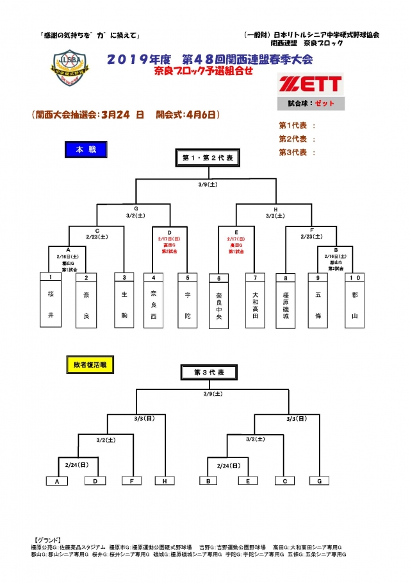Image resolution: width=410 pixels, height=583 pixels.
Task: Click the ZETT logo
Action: pyautogui.click(x=310, y=84)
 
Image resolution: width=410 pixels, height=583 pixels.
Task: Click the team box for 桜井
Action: pyautogui.click(x=51, y=301)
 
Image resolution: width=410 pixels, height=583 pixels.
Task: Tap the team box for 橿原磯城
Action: pyautogui.click(x=285, y=301)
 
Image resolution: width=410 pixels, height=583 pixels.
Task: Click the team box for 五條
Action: pyautogui.click(x=317, y=301)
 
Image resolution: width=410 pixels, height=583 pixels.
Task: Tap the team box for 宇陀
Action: pyautogui.click(x=187, y=301)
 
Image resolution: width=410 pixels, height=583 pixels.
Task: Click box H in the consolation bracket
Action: pyautogui.click(x=164, y=480)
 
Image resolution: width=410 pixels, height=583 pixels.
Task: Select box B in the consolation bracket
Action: pyautogui.click(x=208, y=480)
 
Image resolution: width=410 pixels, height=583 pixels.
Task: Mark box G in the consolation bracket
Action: pyautogui.click(x=318, y=480)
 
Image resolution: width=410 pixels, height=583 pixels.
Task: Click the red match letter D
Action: pyautogui.click(x=170, y=232)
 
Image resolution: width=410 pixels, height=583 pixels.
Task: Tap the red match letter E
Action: pyautogui.click(x=236, y=232)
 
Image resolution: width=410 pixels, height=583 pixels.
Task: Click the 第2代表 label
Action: pyautogui.click(x=292, y=139)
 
